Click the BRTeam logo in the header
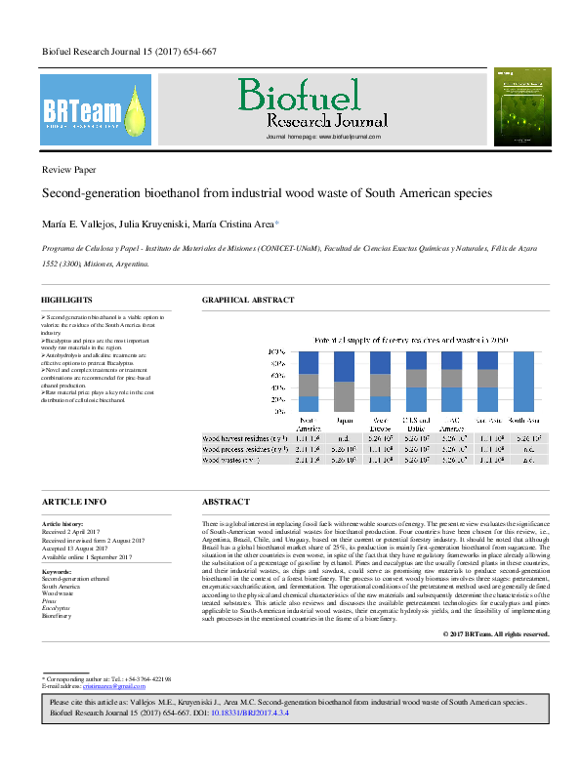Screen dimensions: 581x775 96,109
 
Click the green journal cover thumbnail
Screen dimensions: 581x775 517,107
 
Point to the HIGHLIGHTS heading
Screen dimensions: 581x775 66,299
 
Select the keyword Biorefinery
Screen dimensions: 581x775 57,617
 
